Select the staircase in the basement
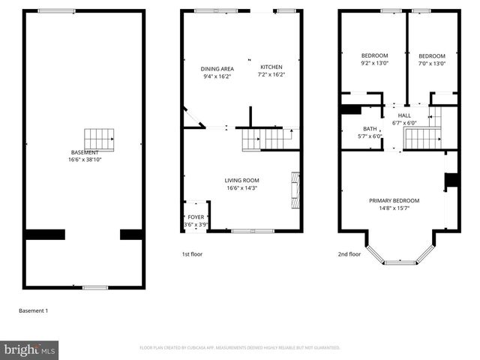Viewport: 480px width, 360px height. click(99, 139)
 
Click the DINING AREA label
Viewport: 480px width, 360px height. click(217, 68)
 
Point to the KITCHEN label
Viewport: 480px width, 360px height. click(271, 67)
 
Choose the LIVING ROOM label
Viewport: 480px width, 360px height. click(241, 180)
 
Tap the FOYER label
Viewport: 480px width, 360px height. click(195, 217)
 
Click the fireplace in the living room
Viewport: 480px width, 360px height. click(295, 190)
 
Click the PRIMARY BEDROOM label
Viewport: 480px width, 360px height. click(394, 200)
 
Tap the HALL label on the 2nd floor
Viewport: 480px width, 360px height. click(404, 115)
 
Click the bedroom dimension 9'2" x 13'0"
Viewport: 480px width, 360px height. click(374, 64)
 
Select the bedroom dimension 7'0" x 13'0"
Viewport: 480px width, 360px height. click(431, 64)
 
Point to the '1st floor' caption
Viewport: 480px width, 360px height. click(192, 254)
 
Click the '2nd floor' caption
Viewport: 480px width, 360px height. click(349, 254)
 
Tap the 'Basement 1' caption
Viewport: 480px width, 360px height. click(33, 310)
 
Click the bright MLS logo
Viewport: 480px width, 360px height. click(30, 350)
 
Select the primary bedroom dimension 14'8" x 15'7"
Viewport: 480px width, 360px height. click(394, 208)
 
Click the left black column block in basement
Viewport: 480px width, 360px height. click(44, 234)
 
